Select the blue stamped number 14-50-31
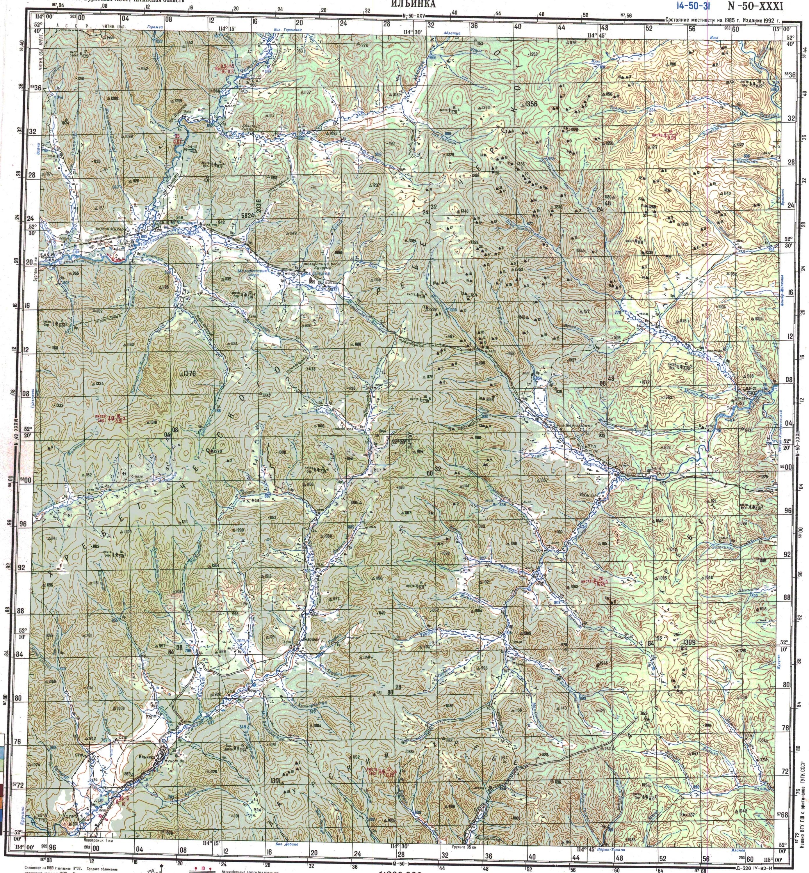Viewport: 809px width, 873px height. click(693, 6)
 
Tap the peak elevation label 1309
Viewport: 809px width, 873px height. click(689, 642)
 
